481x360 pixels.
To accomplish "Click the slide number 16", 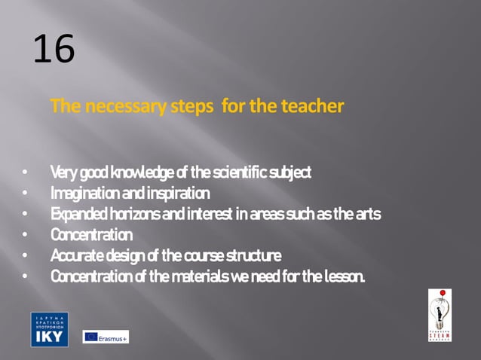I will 54,50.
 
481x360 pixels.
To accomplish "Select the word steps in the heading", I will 193,106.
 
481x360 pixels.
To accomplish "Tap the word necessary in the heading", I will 127,106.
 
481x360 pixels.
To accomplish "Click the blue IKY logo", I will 49,329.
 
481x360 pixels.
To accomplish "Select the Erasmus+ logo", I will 106,337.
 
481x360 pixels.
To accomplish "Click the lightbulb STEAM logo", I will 440,314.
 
